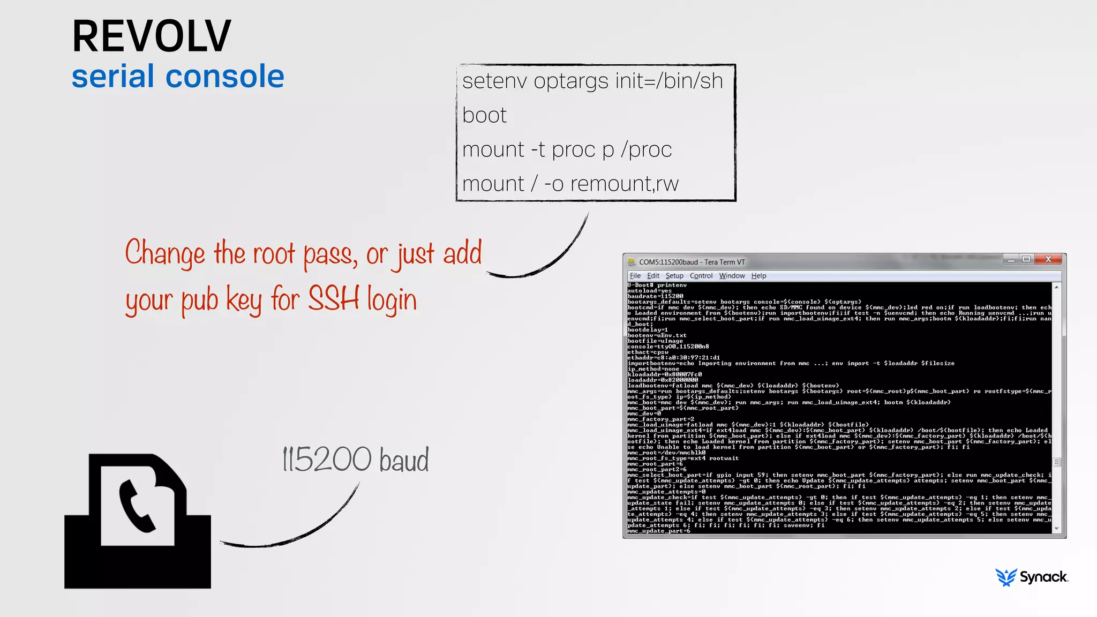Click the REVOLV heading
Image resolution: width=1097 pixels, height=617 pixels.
(x=152, y=36)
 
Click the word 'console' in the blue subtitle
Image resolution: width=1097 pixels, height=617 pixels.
(x=225, y=76)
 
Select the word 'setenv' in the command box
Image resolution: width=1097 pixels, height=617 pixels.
(x=494, y=81)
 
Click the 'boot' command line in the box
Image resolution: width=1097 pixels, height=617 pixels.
(x=484, y=115)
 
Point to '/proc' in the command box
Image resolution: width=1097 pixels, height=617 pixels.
(x=647, y=149)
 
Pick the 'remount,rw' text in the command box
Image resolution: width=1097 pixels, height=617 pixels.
(x=625, y=184)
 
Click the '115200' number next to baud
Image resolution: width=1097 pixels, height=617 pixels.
(x=327, y=459)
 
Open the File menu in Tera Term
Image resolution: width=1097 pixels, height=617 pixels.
(x=635, y=276)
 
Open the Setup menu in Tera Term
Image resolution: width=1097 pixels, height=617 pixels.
(x=674, y=276)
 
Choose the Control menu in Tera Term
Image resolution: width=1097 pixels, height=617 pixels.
(x=701, y=276)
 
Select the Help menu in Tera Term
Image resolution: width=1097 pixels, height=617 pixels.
(x=758, y=276)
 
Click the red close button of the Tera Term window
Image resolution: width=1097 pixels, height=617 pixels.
(x=1048, y=260)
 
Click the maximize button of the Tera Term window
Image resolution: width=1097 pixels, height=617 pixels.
(x=1026, y=260)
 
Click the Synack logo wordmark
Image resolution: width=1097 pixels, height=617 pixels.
(x=1043, y=577)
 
